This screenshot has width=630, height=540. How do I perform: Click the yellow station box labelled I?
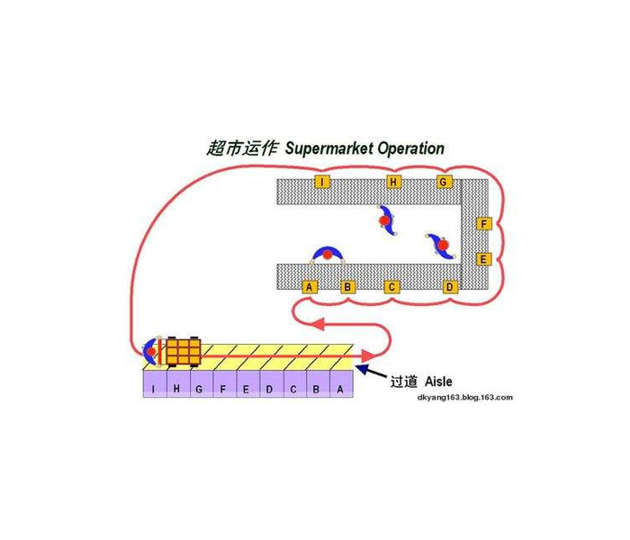[321, 183]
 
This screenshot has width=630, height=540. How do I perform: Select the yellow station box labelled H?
[393, 183]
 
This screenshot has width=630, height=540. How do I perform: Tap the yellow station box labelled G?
[443, 183]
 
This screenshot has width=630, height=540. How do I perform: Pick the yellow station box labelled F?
[483, 223]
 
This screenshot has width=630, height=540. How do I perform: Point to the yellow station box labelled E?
[483, 259]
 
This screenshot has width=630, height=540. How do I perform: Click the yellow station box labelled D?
[450, 287]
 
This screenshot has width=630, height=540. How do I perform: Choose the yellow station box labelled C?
[391, 287]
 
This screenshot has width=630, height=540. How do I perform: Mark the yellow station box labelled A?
[310, 287]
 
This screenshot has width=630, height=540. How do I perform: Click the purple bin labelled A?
[339, 388]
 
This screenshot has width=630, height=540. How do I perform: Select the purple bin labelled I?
[154, 388]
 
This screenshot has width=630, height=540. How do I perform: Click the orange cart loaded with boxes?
[184, 350]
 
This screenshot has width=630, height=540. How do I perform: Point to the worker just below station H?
[386, 220]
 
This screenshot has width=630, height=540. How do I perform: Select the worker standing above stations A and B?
[328, 255]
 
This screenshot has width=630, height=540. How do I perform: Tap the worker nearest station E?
[441, 244]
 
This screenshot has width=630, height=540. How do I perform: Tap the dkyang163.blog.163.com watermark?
[465, 397]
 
